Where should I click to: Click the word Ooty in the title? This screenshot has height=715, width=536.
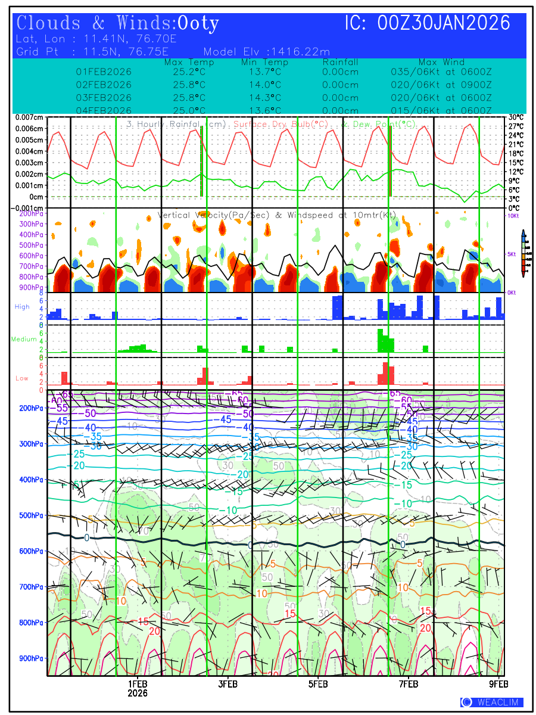pos(198,23)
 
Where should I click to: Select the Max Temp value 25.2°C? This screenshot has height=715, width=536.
pos(189,71)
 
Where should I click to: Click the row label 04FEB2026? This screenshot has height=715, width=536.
pos(104,111)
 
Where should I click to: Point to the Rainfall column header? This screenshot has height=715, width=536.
pos(340,62)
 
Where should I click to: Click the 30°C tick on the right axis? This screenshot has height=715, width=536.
pos(516,117)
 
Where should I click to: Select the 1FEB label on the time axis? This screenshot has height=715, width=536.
pos(138,683)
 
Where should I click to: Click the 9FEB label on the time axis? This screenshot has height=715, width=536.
pos(498,683)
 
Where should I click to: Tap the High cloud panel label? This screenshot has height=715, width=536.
pos(22,307)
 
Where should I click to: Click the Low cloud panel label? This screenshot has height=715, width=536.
pos(22,378)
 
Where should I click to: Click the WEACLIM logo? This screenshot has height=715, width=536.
pos(492,702)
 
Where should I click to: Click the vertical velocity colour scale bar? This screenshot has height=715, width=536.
pos(523,253)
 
